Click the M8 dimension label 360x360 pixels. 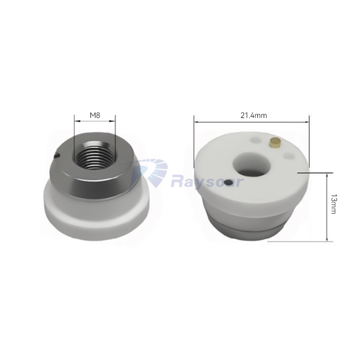tap(95, 115)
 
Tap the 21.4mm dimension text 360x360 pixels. tap(253, 115)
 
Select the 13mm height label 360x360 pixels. tap(333, 204)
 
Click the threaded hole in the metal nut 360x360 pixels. tap(94, 155)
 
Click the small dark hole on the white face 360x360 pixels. tap(229, 183)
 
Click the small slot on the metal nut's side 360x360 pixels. tap(57, 156)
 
